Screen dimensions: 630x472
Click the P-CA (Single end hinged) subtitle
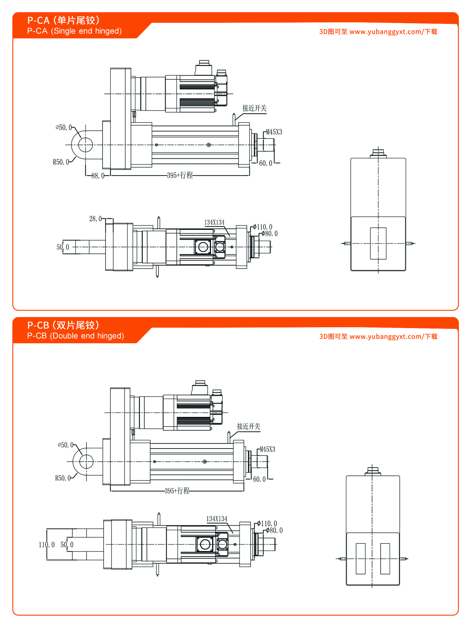coord(74,31)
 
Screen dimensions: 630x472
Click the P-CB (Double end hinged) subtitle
coord(75,336)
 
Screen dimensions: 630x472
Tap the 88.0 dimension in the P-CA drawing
coord(98,176)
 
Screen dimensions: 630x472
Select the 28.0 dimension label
coord(95,219)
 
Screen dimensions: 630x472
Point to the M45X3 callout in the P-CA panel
coord(274,132)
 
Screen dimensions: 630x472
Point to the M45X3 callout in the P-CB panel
coord(267,450)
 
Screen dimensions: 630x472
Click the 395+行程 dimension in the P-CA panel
coord(180,175)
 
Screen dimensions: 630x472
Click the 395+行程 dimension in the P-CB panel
coord(177,491)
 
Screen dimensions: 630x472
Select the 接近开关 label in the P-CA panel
coord(254,108)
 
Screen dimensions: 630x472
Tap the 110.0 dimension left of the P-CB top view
coord(47,545)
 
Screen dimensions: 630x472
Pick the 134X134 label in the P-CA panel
coord(214,223)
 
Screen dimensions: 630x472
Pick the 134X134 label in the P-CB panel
coord(217,519)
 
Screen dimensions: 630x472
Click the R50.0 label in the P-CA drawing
coord(61,162)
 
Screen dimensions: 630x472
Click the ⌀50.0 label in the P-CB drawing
coord(66,445)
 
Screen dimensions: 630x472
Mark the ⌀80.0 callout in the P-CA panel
coord(270,234)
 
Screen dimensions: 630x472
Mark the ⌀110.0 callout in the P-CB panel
coord(267,524)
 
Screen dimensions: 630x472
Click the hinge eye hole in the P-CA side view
coord(85,145)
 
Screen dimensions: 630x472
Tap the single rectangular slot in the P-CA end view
coord(378,243)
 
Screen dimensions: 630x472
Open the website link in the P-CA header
coord(386,32)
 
